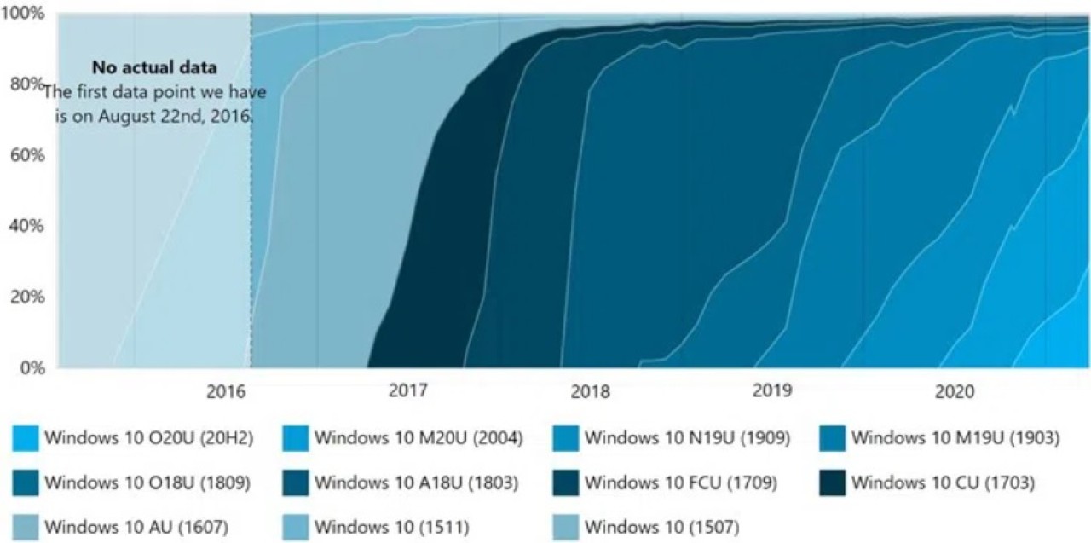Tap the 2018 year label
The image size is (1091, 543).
pyautogui.click(x=590, y=392)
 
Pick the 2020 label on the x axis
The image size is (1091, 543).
pyautogui.click(x=955, y=392)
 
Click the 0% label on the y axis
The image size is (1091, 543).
pyautogui.click(x=31, y=367)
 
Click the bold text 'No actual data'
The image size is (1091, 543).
pyautogui.click(x=154, y=66)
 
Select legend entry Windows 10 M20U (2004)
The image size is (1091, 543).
pyautogui.click(x=418, y=439)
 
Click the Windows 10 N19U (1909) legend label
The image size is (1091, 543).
pyautogui.click(x=687, y=439)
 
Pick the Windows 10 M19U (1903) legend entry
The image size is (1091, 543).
pyautogui.click(x=955, y=439)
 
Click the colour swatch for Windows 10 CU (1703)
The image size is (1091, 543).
pyautogui.click(x=832, y=483)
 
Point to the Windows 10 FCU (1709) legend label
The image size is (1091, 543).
pyautogui.click(x=680, y=483)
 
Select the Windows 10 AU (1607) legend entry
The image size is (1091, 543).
pyautogui.click(x=136, y=526)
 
